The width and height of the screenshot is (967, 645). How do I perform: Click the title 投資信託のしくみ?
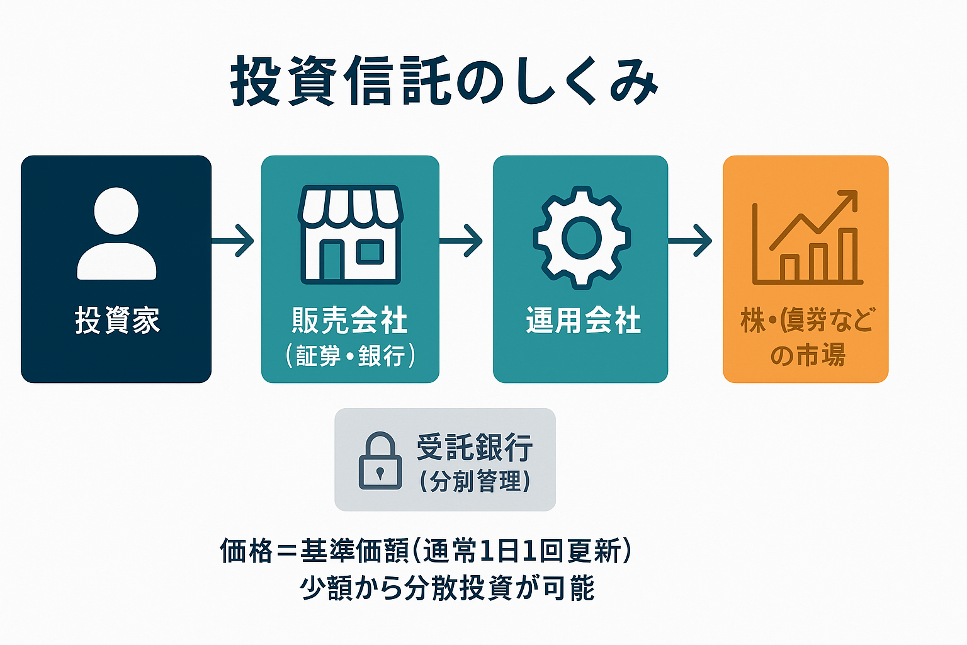[x=444, y=81]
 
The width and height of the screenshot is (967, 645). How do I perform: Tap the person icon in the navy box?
[x=116, y=234]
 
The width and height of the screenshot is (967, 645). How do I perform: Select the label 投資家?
[x=117, y=321]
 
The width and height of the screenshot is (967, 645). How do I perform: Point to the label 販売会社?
[x=350, y=321]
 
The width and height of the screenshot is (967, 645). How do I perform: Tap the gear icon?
[x=581, y=237]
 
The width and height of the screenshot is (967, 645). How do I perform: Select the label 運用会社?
[x=583, y=321]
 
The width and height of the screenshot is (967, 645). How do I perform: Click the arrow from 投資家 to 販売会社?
[x=235, y=240]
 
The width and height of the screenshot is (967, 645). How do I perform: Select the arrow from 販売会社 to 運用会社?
[x=463, y=240]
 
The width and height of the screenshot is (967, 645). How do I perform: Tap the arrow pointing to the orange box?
[x=691, y=240]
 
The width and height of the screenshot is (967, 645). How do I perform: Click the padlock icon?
[x=380, y=460]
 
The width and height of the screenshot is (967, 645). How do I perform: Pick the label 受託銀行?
[x=475, y=447]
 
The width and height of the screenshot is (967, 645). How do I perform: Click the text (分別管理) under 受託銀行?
[x=475, y=482]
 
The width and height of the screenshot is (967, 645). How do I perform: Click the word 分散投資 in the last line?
[x=458, y=588]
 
